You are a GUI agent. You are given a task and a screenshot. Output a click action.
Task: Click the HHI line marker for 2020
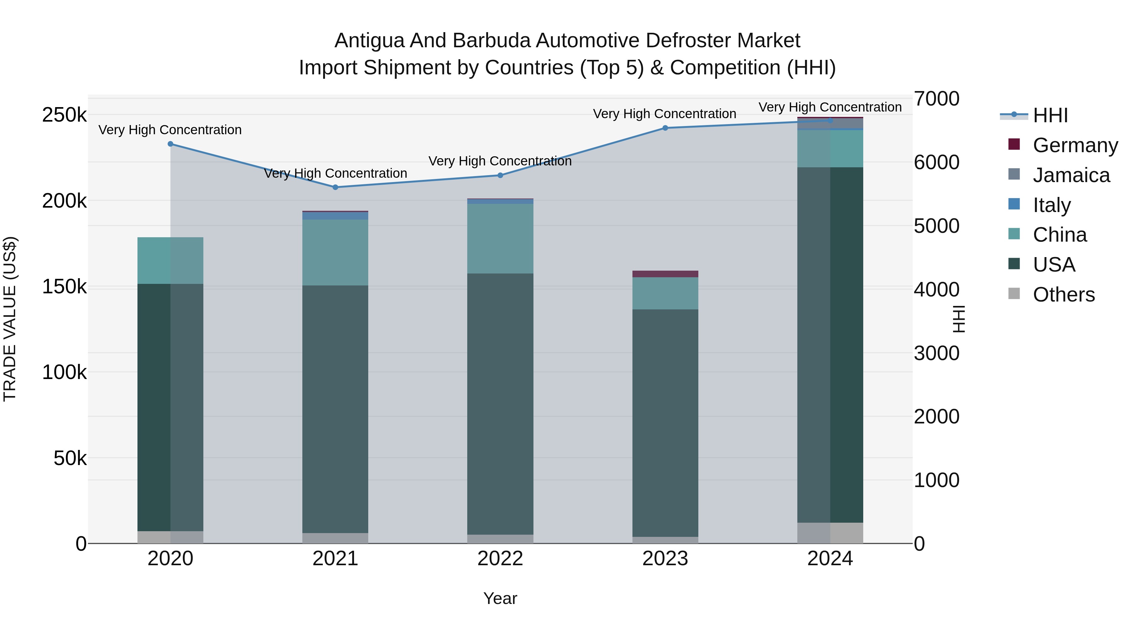171,144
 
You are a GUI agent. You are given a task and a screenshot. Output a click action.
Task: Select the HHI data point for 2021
335,187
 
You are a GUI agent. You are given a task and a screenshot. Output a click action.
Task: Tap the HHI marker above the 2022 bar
500,175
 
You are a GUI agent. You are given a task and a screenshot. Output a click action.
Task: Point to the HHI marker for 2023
665,128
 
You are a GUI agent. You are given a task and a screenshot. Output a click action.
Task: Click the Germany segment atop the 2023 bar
665,274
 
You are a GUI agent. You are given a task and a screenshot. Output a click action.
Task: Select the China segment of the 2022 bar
500,239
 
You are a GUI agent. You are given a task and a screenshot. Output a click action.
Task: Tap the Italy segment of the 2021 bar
335,216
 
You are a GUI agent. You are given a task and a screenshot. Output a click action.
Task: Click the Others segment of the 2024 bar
830,533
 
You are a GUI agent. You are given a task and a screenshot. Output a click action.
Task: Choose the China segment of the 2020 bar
171,261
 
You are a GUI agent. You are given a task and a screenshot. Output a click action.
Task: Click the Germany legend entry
1075,145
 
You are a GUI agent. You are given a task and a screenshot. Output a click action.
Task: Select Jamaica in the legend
1071,175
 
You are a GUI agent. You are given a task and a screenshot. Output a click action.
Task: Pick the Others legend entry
1063,295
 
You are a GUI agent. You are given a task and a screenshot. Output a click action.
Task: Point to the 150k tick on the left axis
64,287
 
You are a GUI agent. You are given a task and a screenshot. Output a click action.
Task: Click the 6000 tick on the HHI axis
936,162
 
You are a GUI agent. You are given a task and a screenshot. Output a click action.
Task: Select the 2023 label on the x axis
665,559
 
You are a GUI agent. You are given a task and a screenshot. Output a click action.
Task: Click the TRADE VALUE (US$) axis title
10,319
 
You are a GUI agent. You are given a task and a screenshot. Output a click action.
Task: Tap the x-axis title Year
500,598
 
